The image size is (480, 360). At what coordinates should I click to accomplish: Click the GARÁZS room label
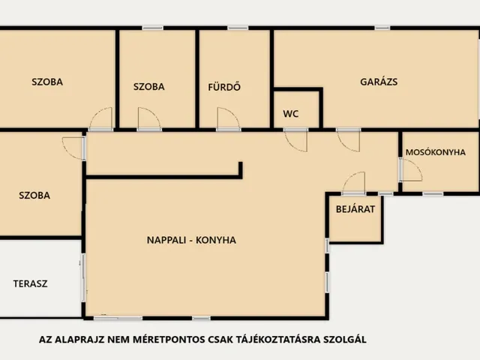pyautogui.click(x=379, y=82)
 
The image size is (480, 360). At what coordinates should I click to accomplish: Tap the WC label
pyautogui.click(x=291, y=115)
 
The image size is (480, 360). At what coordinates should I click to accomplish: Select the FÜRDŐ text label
pyautogui.click(x=223, y=86)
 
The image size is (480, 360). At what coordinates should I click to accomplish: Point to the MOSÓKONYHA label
pyautogui.click(x=435, y=152)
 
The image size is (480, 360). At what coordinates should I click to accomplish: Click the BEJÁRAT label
pyautogui.click(x=350, y=209)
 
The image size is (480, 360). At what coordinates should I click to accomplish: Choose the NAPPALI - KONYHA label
pyautogui.click(x=191, y=241)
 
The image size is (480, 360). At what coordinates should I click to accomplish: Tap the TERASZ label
pyautogui.click(x=31, y=283)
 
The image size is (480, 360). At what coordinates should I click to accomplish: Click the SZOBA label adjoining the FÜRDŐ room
pyautogui.click(x=148, y=86)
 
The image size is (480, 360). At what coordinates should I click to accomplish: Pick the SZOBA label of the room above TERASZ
pyautogui.click(x=34, y=195)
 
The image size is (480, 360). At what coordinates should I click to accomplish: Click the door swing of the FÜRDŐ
pyautogui.click(x=228, y=119)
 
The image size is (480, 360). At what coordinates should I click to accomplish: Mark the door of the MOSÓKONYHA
pyautogui.click(x=410, y=170)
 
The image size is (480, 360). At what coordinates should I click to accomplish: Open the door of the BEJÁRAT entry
pyautogui.click(x=353, y=184)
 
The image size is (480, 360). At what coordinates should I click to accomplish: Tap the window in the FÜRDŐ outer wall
pyautogui.click(x=238, y=28)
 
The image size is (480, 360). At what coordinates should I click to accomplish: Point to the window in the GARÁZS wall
pyautogui.click(x=382, y=28)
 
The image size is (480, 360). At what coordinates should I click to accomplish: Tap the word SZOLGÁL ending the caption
pyautogui.click(x=343, y=340)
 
